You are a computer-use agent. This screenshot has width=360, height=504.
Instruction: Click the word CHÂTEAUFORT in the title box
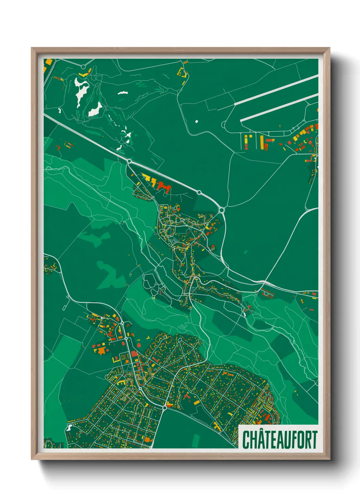279,440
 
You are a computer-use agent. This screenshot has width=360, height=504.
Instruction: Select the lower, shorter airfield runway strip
279,107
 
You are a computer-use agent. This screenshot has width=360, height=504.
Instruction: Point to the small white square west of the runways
196,121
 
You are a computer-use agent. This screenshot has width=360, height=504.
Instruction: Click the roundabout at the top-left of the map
83,67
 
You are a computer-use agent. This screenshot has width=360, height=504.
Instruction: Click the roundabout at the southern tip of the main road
165,407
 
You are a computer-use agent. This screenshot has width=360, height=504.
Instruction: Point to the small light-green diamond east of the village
246,252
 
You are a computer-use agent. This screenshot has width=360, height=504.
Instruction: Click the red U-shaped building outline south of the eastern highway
267,293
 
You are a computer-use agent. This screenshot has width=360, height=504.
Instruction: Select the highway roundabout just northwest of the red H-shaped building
130,161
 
